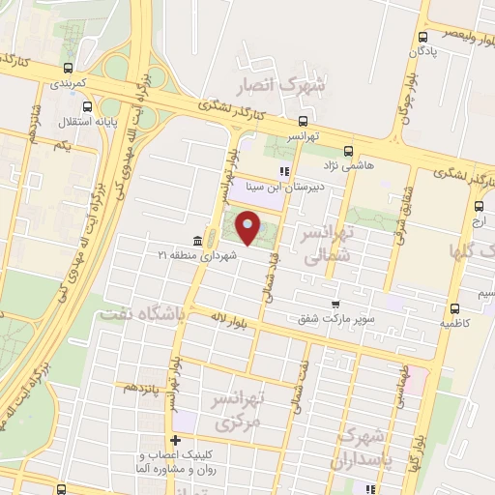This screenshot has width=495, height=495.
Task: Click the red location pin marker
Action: pyautogui.click(x=247, y=228)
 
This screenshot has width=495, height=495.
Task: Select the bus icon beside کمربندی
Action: pyautogui.click(x=67, y=69)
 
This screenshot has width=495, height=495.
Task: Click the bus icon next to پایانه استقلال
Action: pyautogui.click(x=87, y=107)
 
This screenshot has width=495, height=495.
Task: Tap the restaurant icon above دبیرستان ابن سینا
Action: pyautogui.click(x=283, y=171)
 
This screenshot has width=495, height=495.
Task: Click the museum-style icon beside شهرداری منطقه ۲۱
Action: pyautogui.click(x=197, y=240)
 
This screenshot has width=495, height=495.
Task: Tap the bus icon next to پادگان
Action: pyautogui.click(x=422, y=39)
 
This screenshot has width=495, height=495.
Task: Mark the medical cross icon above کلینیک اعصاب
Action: pyautogui.click(x=175, y=441)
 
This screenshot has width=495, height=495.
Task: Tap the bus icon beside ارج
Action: pyautogui.click(x=479, y=206)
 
